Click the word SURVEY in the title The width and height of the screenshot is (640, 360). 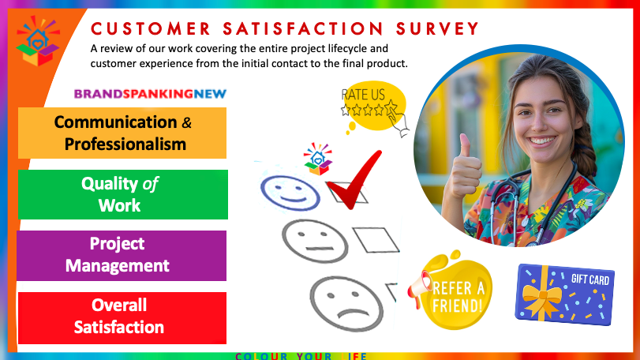[x=437, y=29]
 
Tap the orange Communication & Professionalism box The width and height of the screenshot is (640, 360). [x=122, y=133]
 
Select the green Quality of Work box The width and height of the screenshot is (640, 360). [x=123, y=194]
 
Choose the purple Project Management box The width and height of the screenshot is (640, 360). [x=122, y=256]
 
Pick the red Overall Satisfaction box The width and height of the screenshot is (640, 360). [x=122, y=317]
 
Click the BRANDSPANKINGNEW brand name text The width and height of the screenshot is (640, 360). [x=150, y=94]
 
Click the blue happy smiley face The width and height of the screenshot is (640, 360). [x=290, y=193]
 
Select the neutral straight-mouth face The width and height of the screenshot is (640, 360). [x=315, y=242]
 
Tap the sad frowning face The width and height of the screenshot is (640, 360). [x=346, y=304]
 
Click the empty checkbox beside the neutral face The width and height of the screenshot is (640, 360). [x=376, y=240]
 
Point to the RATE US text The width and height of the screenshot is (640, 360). [x=363, y=95]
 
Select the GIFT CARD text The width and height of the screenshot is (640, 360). [x=590, y=279]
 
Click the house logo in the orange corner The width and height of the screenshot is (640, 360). [x=38, y=41]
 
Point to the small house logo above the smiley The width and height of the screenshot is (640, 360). [x=317, y=159]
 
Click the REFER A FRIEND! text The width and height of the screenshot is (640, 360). [x=458, y=297]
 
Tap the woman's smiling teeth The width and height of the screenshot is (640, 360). [x=541, y=141]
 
